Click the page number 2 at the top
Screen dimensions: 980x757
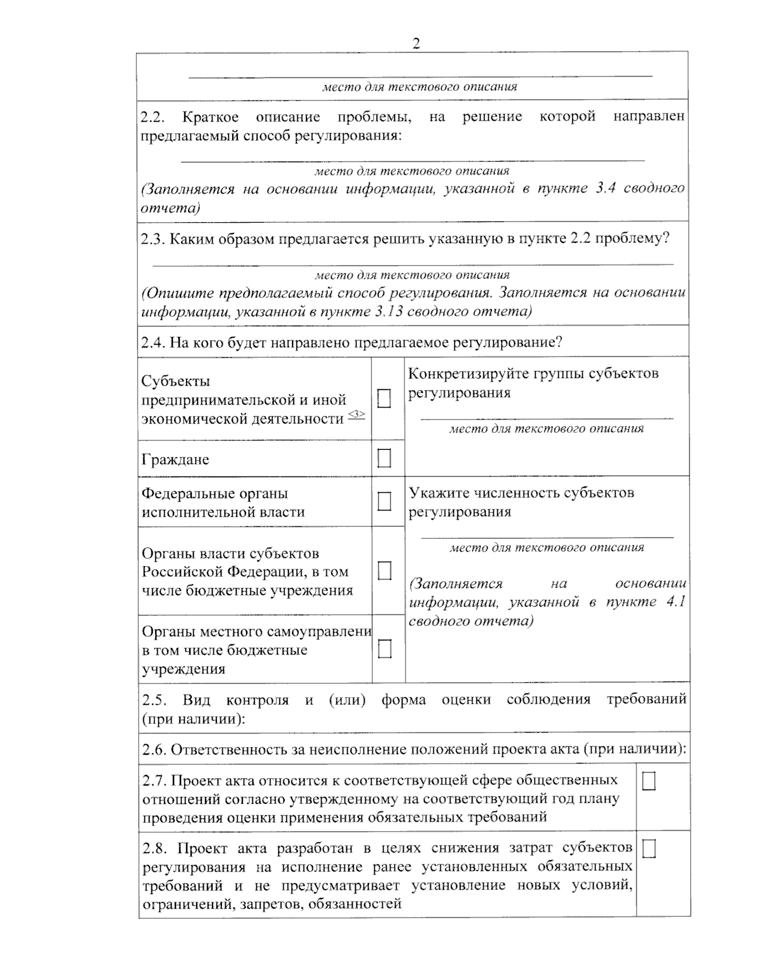[x=416, y=44]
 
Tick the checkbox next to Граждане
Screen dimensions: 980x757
[x=384, y=458]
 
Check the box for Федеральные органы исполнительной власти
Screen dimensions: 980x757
[x=384, y=502]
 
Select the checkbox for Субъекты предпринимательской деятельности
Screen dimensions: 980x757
[x=384, y=399]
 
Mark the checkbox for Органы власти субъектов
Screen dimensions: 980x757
[x=384, y=570]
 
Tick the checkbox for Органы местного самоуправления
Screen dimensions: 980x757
[x=384, y=649]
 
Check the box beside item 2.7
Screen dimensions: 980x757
[x=648, y=781]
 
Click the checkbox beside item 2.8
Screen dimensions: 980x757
[x=648, y=849]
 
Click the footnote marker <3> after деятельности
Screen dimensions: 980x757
[x=356, y=414]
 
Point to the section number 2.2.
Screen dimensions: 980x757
[x=153, y=117]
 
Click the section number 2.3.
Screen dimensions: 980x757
[x=153, y=239]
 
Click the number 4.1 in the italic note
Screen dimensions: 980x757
[x=675, y=602]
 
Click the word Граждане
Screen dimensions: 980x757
[x=175, y=459]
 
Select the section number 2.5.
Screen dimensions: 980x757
[x=154, y=700]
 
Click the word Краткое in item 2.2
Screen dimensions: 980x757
[x=210, y=117]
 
